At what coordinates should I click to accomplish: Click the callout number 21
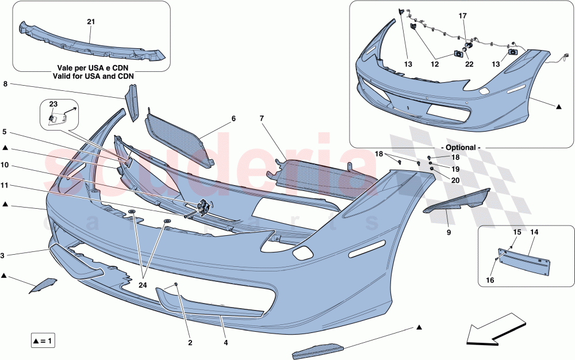[91, 22]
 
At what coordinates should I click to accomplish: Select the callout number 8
[5, 84]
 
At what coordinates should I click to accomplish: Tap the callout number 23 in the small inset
[53, 105]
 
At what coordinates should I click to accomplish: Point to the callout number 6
[233, 118]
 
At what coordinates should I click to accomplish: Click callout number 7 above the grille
[261, 118]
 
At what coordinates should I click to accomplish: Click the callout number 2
[190, 343]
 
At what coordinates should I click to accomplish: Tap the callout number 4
[226, 343]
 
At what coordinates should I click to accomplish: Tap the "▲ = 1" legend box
[43, 341]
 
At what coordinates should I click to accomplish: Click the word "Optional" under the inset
[462, 148]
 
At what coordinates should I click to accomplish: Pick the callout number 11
[5, 186]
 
